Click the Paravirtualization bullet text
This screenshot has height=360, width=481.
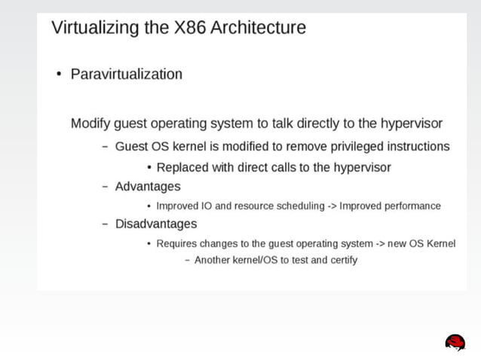126,74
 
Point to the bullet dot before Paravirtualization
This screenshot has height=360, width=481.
57,75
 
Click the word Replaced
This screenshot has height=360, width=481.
182,167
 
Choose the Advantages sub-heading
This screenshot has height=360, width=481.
148,186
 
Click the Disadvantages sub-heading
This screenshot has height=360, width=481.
156,224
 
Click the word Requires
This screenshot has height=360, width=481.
177,243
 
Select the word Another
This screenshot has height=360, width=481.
214,261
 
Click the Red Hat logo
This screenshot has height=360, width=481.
455,343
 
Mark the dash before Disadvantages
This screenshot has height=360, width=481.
106,224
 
